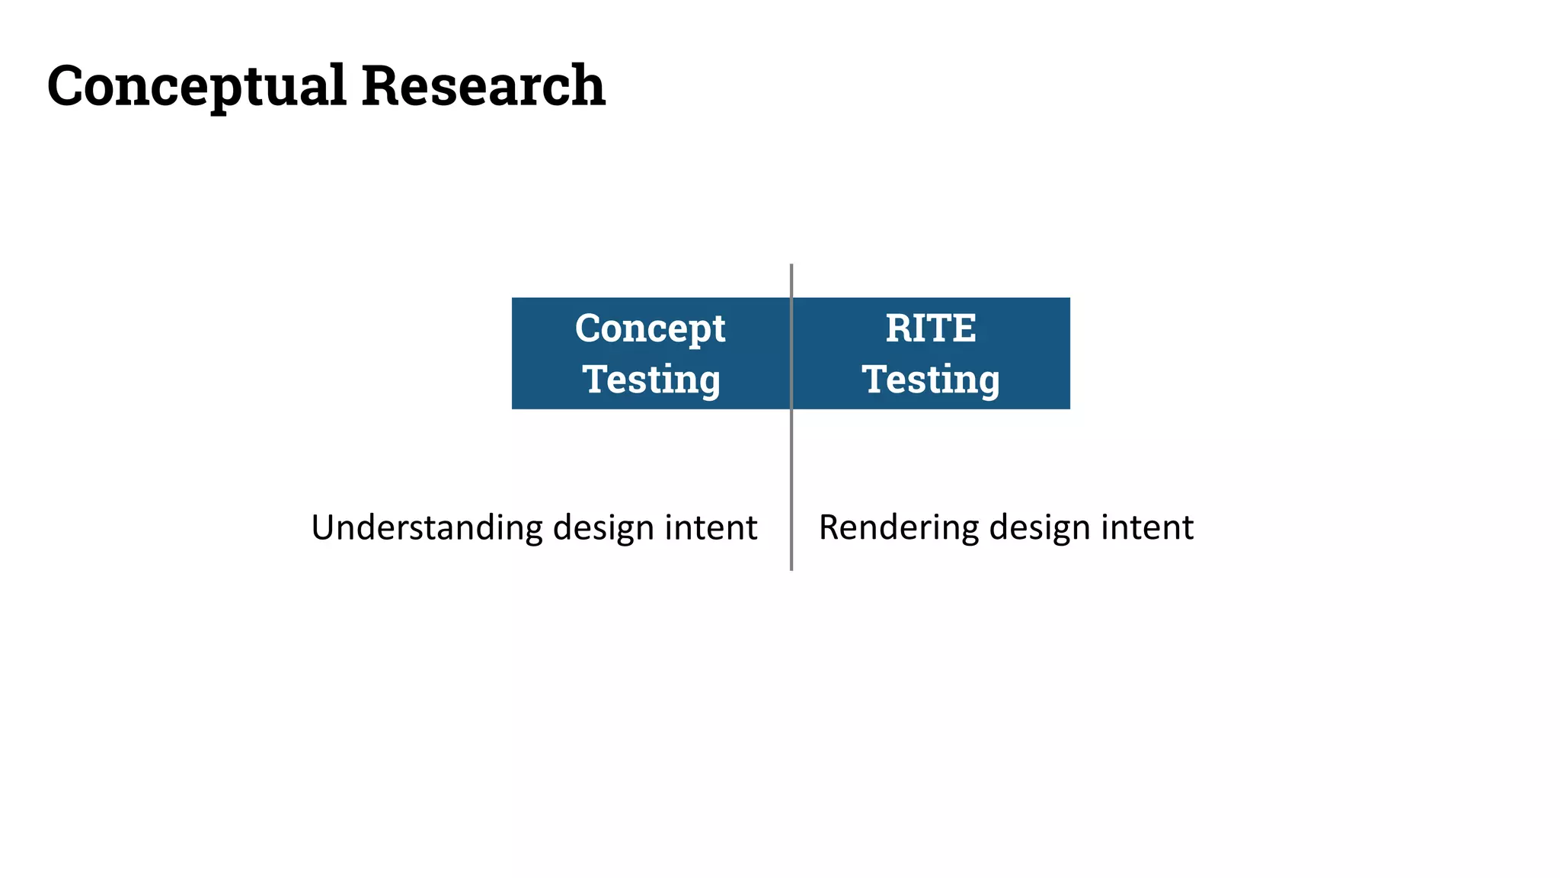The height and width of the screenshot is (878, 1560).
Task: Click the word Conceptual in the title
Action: click(197, 86)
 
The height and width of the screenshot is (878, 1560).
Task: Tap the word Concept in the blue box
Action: click(650, 329)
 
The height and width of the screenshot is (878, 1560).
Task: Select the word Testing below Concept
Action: click(651, 379)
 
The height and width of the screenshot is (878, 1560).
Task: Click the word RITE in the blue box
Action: click(930, 328)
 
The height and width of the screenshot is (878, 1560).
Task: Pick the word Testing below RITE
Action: click(930, 379)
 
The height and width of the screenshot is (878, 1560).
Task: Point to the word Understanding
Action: click(427, 527)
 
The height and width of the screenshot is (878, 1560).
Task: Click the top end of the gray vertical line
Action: click(791, 267)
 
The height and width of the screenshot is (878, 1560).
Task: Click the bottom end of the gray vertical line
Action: click(791, 568)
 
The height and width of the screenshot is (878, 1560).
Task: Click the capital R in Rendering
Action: click(829, 527)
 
